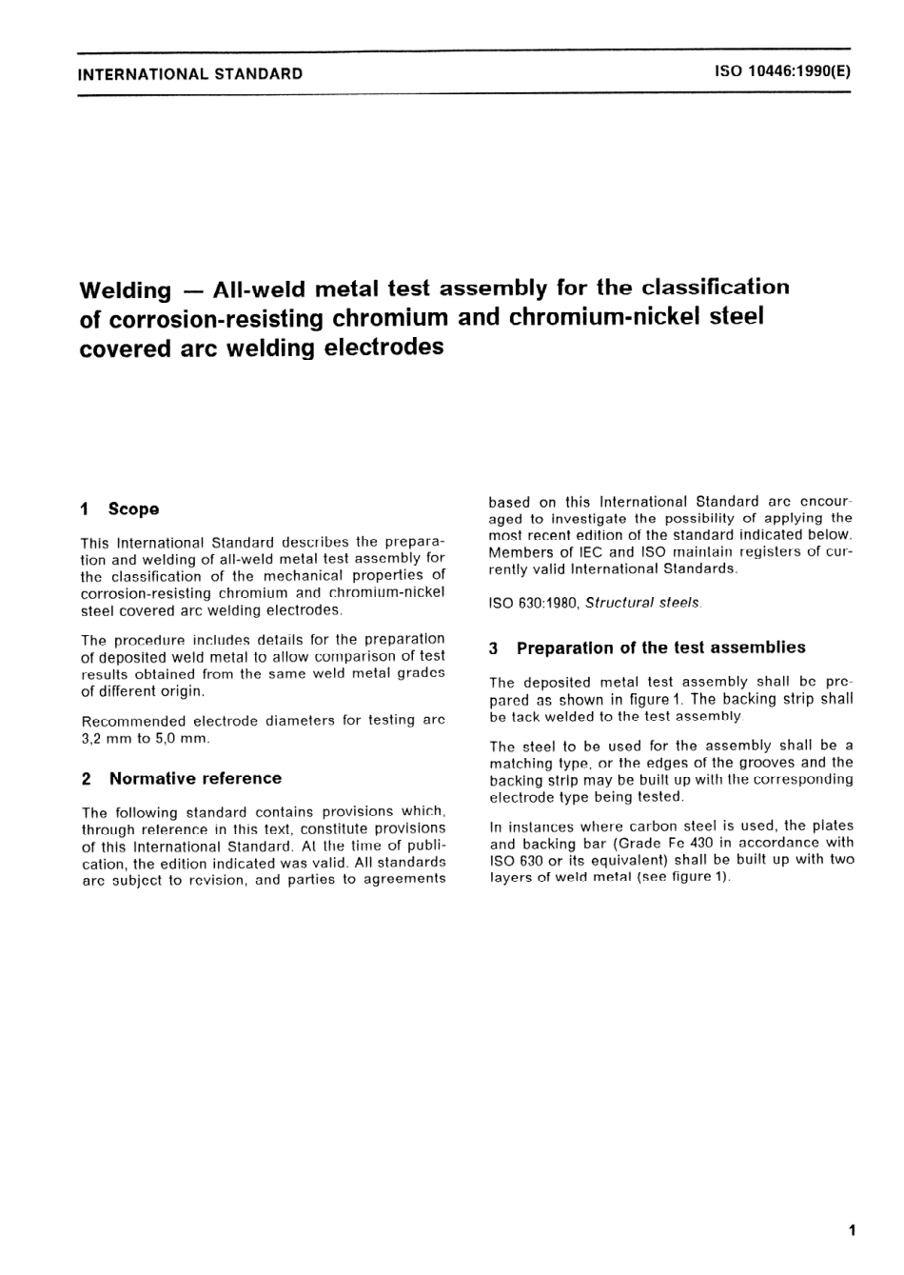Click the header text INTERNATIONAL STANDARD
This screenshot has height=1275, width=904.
[190, 73]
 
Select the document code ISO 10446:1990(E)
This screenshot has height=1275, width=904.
[782, 72]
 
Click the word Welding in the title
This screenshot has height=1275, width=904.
[126, 289]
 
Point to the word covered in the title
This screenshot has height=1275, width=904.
[126, 348]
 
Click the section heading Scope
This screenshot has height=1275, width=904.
[133, 509]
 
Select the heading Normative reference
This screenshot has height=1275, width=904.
[195, 778]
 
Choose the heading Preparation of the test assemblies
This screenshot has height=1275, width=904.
[660, 647]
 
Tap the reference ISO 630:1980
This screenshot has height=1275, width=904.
[534, 603]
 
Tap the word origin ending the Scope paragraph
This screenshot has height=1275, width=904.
[182, 691]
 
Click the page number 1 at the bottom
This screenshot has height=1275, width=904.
[851, 1230]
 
